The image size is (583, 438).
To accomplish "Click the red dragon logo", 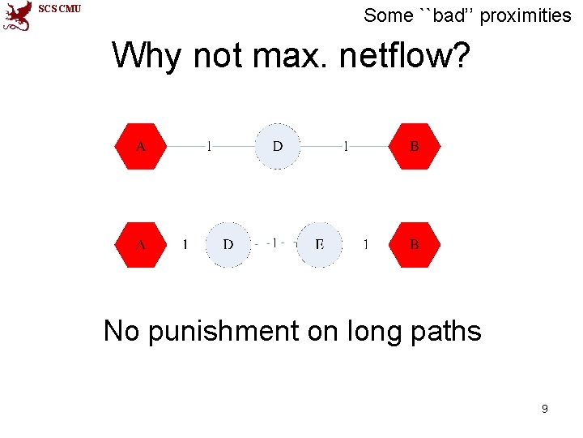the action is [x=18, y=15].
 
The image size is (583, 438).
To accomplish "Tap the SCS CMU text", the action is [x=61, y=9].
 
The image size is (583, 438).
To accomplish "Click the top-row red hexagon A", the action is [x=141, y=147].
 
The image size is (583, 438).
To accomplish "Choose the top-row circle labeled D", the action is [x=278, y=147].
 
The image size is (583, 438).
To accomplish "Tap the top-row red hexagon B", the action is [x=415, y=147].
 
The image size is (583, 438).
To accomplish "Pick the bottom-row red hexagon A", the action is [x=141, y=244].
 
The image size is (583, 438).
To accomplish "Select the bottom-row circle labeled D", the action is [x=228, y=244].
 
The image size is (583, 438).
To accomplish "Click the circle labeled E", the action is [x=319, y=244].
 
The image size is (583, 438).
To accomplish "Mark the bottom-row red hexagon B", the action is [x=415, y=244].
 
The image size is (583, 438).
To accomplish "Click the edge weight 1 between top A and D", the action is [x=210, y=147].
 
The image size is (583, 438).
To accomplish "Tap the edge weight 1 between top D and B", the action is [x=347, y=147].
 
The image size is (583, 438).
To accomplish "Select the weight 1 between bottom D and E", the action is [x=274, y=243].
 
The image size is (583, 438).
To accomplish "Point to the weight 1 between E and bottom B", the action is [x=366, y=244].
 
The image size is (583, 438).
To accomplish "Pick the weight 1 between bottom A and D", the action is [x=185, y=244].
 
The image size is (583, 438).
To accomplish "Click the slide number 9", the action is [x=544, y=409].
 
